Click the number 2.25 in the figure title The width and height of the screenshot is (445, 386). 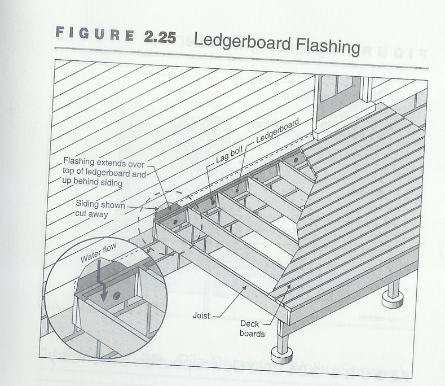[x=160, y=37]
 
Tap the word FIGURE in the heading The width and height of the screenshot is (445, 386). [x=95, y=34]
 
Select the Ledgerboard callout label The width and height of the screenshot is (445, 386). [x=277, y=130]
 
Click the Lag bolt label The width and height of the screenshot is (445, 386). [x=230, y=155]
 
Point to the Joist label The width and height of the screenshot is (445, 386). [x=201, y=315]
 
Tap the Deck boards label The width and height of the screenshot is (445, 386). [x=251, y=328]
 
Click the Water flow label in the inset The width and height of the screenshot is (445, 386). [x=99, y=253]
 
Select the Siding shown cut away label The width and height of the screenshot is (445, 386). [x=100, y=209]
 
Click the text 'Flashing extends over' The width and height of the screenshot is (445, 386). [x=104, y=163]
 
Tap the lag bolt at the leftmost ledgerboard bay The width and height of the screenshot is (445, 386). [x=175, y=221]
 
